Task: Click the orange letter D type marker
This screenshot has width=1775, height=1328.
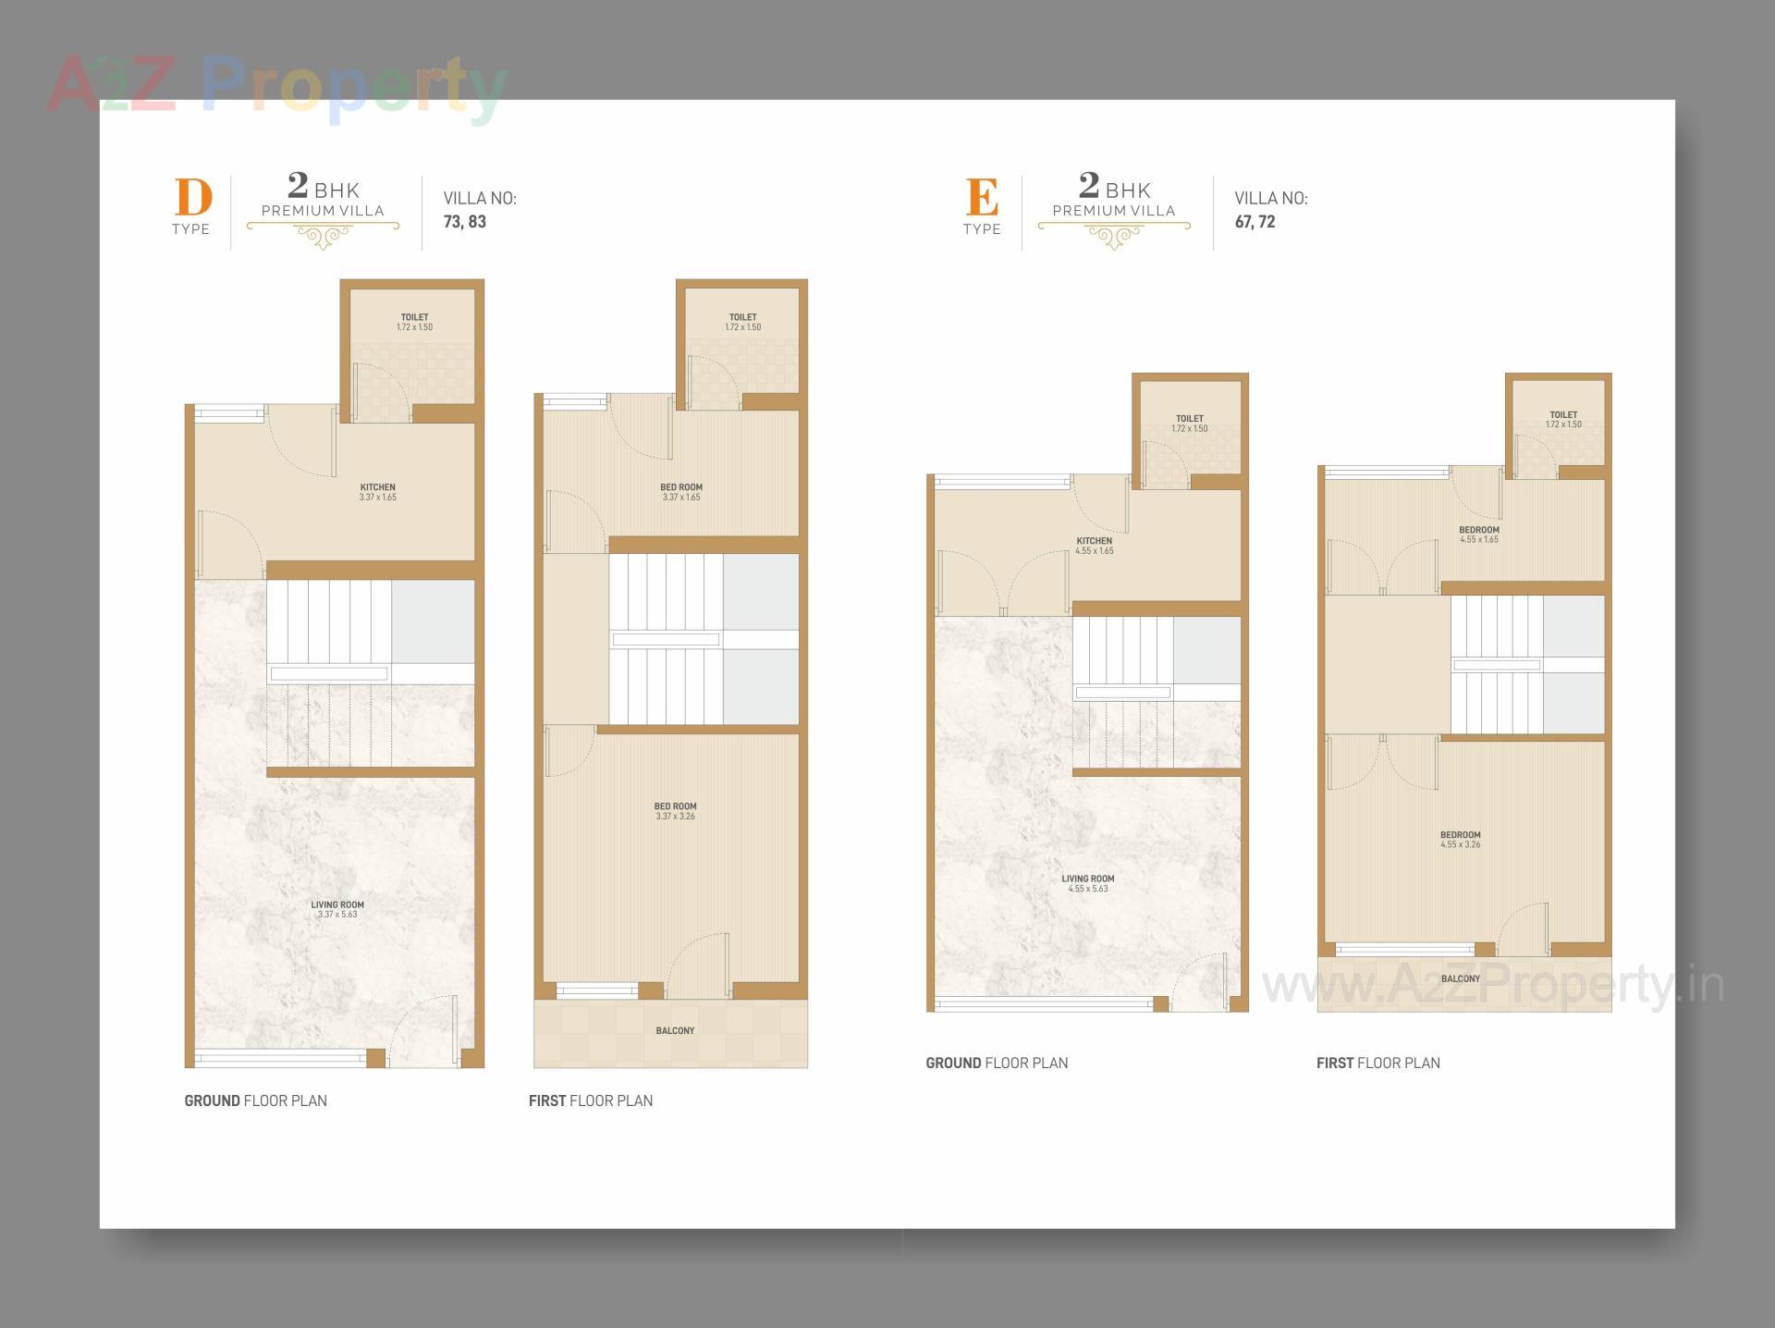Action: (193, 197)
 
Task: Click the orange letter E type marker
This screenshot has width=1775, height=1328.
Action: (982, 197)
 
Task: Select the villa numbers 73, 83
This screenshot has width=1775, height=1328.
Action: (465, 222)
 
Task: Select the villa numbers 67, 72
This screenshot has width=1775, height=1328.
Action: (1255, 222)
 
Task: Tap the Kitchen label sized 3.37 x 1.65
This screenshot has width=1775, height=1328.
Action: (377, 492)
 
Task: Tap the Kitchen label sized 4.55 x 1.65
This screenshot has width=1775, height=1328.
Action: (1095, 546)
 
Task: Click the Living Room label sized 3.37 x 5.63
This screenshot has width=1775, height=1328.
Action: (337, 909)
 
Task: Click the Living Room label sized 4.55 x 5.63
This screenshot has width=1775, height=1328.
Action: (1088, 883)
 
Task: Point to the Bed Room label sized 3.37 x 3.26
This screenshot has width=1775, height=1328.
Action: (676, 811)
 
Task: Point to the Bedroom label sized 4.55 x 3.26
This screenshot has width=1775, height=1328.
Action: (1461, 839)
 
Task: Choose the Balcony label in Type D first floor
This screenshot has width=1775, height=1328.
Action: (675, 1030)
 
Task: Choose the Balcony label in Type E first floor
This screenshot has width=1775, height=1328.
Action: (1461, 978)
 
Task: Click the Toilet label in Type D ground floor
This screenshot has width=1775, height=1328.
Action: (414, 322)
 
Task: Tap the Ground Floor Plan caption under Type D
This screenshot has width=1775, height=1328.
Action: (256, 1101)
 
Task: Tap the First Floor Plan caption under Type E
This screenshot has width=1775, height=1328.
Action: (1378, 1063)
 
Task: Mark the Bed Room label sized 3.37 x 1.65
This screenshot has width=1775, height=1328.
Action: (681, 492)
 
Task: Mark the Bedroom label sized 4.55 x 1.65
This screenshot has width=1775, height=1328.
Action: (1479, 535)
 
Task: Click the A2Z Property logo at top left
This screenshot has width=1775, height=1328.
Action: (277, 88)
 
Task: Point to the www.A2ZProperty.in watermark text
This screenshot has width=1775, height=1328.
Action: (1493, 985)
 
